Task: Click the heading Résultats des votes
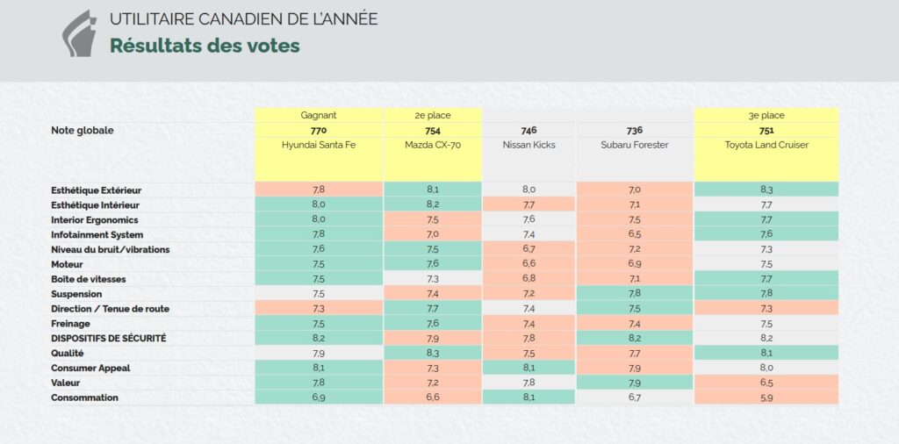tap(205, 46)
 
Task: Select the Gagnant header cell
tap(319, 115)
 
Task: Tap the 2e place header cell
tap(433, 115)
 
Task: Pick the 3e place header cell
tap(766, 115)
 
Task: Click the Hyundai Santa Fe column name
tap(319, 145)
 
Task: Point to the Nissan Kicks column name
tap(529, 145)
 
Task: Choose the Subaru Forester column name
tap(634, 145)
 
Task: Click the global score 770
tap(319, 131)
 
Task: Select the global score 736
tap(634, 131)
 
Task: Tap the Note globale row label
tap(83, 131)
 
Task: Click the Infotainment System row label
tap(97, 235)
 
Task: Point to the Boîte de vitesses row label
tap(90, 279)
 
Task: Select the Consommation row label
tap(84, 397)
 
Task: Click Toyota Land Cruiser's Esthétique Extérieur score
tap(766, 190)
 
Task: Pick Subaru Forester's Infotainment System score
tap(634, 235)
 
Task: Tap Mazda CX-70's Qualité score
tap(433, 353)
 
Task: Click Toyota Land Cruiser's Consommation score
tap(766, 397)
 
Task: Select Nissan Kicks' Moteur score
tap(529, 264)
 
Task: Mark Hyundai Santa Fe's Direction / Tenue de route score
tap(319, 309)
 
